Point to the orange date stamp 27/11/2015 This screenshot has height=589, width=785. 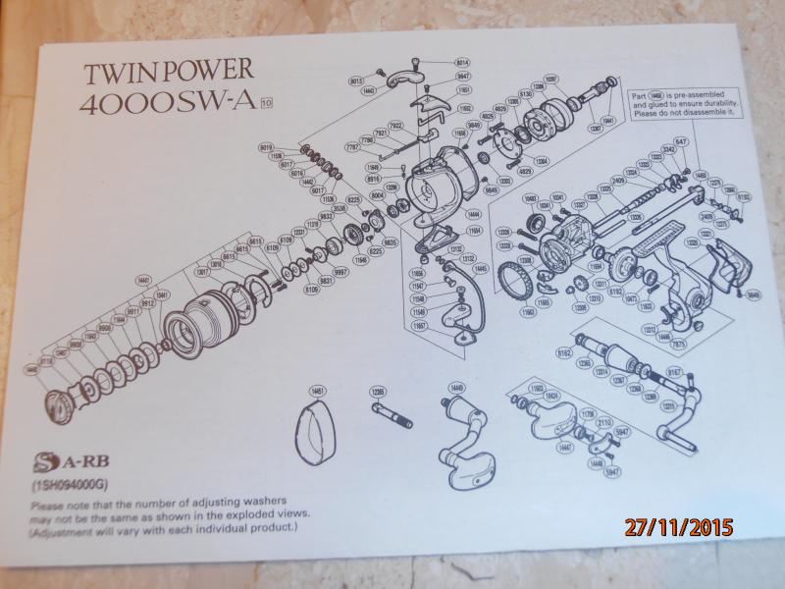[x=679, y=527]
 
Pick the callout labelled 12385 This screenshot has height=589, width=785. [x=377, y=391]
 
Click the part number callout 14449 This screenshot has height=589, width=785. [x=455, y=390]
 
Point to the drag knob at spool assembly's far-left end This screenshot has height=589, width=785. [x=61, y=403]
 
